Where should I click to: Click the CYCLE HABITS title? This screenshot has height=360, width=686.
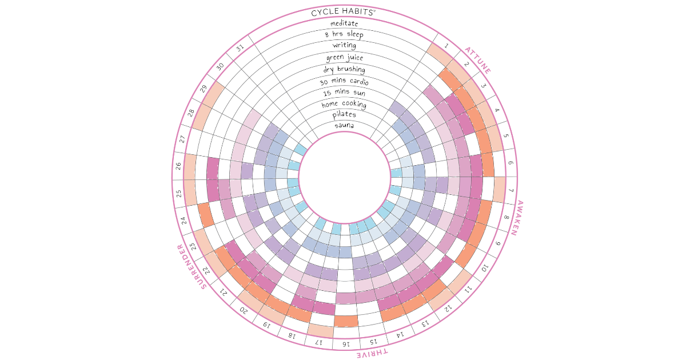click(343, 12)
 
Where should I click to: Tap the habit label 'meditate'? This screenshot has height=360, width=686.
click(344, 23)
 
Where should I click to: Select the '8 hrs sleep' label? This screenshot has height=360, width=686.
click(344, 34)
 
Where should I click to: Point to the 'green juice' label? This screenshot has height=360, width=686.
click(345, 57)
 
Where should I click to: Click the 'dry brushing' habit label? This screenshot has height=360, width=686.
click(344, 69)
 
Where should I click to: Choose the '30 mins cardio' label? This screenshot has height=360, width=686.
click(344, 81)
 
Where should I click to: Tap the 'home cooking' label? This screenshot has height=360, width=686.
click(344, 105)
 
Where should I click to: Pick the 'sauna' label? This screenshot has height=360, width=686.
click(344, 125)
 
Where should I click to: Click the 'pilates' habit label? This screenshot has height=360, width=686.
click(344, 114)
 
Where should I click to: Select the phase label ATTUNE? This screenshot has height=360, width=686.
click(478, 60)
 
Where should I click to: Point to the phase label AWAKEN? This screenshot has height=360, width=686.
click(517, 218)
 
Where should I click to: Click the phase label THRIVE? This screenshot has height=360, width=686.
click(372, 353)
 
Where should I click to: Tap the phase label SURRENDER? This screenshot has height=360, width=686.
click(192, 267)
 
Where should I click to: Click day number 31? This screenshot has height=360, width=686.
click(240, 48)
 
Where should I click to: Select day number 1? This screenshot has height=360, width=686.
click(446, 46)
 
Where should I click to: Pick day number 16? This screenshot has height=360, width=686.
click(346, 344)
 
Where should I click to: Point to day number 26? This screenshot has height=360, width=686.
click(178, 166)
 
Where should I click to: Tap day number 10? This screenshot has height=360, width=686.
click(484, 268)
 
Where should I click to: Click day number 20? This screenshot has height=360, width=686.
click(243, 310)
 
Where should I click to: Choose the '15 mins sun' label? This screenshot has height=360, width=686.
click(344, 93)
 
